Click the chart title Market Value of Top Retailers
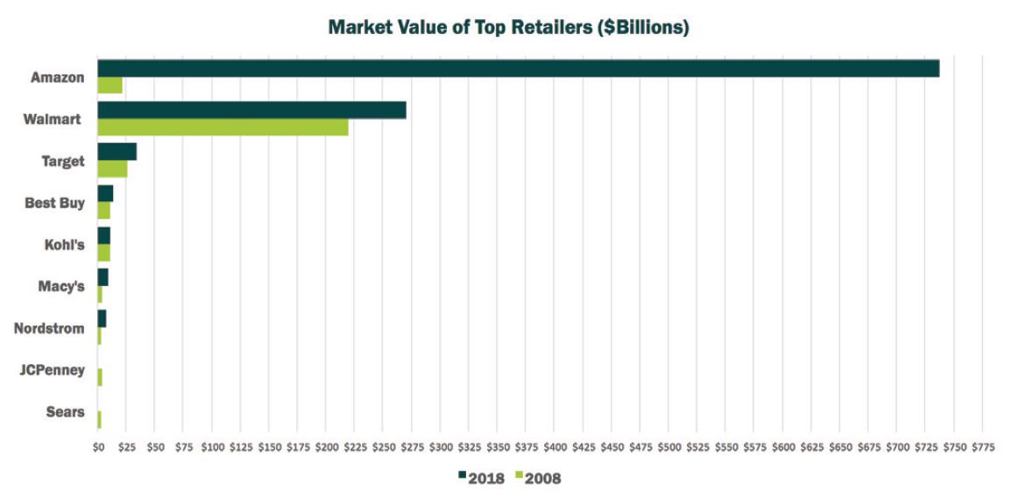[508, 27]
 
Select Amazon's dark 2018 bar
[518, 68]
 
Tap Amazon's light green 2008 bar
[110, 85]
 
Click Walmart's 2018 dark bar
[251, 110]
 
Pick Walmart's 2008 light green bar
[223, 127]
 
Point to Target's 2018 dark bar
[117, 151]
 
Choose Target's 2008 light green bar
[112, 169]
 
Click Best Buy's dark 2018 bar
[105, 193]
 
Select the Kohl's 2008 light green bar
[103, 253]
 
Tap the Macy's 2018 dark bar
[103, 277]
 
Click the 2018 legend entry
[481, 478]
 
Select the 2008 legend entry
[538, 478]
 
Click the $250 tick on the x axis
[383, 447]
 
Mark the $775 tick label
[982, 447]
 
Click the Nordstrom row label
[49, 328]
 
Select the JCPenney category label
[53, 370]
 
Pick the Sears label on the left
[65, 412]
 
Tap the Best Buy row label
[54, 203]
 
